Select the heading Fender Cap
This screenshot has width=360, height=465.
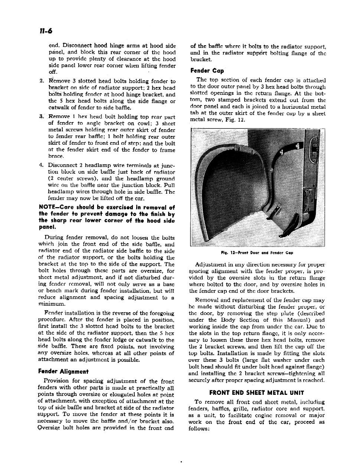207,71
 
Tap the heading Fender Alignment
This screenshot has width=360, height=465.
63,371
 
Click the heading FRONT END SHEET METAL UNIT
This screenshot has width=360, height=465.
257,393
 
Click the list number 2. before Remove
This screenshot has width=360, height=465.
42,81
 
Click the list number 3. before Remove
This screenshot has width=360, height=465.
42,117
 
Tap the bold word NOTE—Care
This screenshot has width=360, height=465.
55,207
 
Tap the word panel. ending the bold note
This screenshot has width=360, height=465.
47,227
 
